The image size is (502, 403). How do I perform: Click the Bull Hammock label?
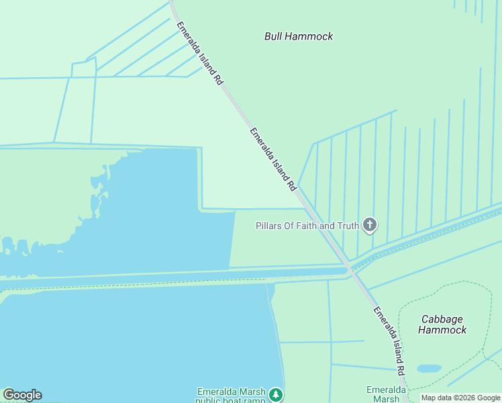coord(299,36)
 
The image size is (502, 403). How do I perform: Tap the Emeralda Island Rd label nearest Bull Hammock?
coord(199,53)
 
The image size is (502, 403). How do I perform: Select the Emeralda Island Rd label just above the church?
coord(273,159)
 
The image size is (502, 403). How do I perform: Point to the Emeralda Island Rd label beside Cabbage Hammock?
coord(390,341)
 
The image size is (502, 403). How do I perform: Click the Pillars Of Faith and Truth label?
coord(307,226)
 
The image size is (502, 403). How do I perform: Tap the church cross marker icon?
coord(369,225)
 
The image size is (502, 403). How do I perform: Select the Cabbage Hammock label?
coord(442,324)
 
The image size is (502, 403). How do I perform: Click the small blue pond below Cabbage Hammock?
coord(430,369)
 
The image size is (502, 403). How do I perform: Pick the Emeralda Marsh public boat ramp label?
coord(231,396)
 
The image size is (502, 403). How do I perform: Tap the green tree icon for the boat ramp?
coord(275,394)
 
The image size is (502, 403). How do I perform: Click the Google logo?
coord(22,395)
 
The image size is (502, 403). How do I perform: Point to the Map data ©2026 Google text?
coord(461,398)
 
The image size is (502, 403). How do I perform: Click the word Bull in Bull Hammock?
coord(274,36)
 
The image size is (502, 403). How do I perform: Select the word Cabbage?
coord(442,318)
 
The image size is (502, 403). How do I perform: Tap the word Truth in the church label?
coord(348,226)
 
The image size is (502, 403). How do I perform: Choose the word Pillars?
coord(271,226)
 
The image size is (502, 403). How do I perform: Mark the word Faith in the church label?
coord(307,226)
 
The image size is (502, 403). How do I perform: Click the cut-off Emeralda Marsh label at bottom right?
coord(386,394)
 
